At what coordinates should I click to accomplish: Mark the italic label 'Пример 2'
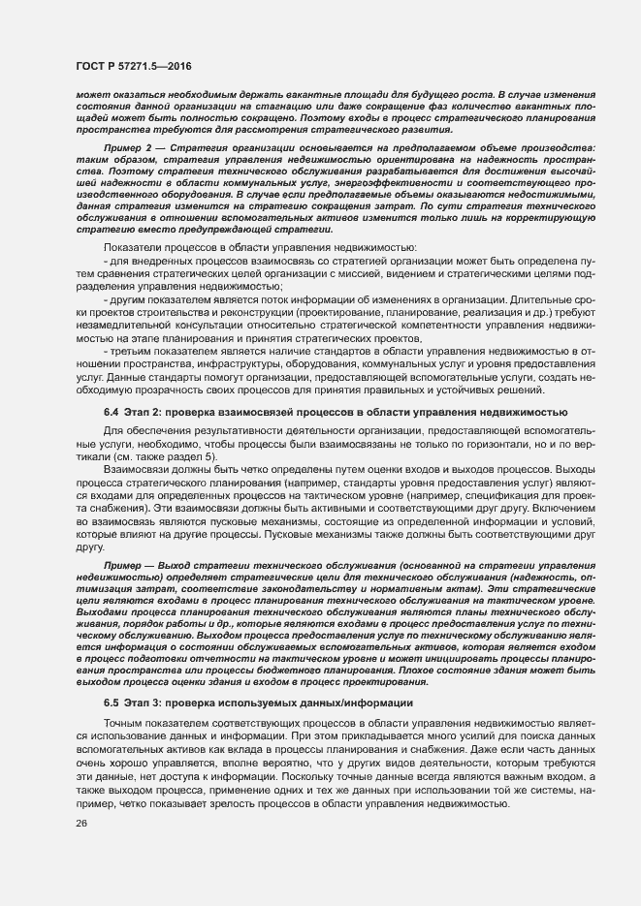click(x=126, y=146)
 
